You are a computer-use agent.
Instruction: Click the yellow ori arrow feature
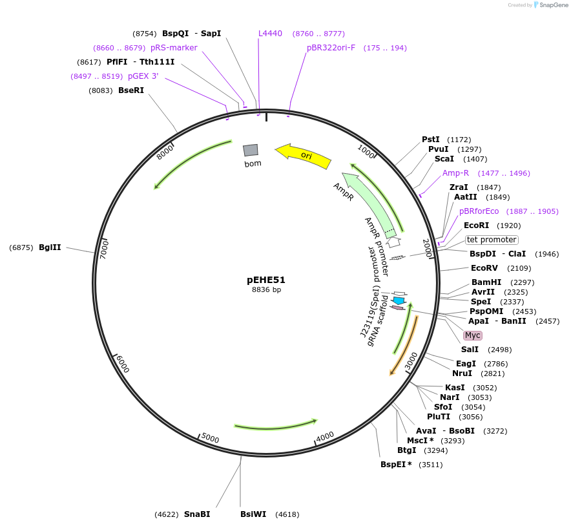coord(304,156)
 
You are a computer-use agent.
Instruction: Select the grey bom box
coord(251,150)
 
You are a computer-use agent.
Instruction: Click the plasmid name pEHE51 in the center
coord(266,280)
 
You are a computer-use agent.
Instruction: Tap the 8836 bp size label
coord(266,290)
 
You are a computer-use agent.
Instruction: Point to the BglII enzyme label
coord(50,247)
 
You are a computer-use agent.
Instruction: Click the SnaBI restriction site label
coord(197,514)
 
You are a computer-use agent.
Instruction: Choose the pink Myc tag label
coord(473,335)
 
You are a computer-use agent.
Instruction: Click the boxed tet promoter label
coord(492,240)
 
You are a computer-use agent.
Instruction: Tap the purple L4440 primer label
coord(270,34)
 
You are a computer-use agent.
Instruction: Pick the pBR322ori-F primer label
coord(331,48)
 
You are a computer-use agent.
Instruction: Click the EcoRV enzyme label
coord(484,268)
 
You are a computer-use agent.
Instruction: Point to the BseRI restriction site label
coord(131,90)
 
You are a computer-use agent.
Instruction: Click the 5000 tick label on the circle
coord(211,438)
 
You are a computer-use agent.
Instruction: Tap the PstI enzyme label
coord(431,140)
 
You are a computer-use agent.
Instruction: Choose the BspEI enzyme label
coord(396,465)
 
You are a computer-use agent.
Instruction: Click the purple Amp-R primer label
coord(455,173)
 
